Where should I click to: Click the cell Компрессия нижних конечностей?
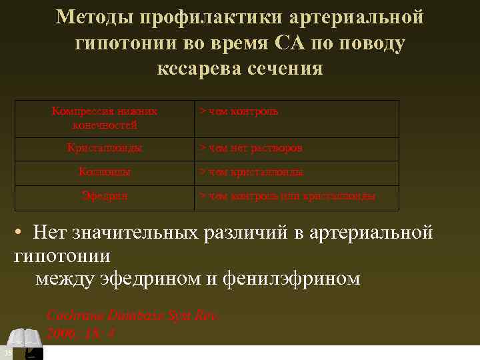pyautogui.click(x=105, y=118)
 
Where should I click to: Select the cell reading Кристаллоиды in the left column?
pyautogui.click(x=105, y=148)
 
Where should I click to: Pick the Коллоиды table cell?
pyautogui.click(x=105, y=172)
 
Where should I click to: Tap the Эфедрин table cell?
pyautogui.click(x=105, y=196)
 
